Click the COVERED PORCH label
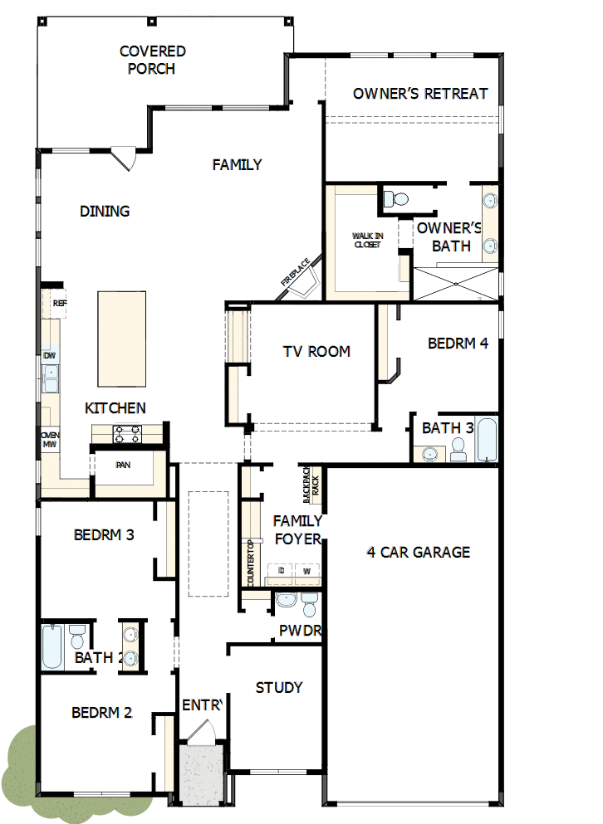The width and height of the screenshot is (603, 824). (x=152, y=60)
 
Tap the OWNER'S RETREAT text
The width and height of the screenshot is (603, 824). (x=420, y=93)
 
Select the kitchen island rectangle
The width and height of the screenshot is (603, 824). (x=121, y=339)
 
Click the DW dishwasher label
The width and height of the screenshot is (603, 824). (x=50, y=356)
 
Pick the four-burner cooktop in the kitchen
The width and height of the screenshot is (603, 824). (x=127, y=433)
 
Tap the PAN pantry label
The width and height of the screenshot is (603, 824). (x=123, y=465)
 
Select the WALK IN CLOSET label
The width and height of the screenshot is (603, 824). (x=367, y=241)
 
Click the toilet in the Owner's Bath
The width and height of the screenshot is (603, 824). (x=397, y=198)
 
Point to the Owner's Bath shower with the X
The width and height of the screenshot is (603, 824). (x=456, y=283)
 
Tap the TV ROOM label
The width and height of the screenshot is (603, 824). (x=316, y=351)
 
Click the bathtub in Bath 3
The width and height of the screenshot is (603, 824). (x=486, y=440)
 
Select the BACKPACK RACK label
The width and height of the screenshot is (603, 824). (x=310, y=484)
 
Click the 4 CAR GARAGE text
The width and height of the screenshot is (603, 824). (x=419, y=552)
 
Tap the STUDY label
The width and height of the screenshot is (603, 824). (x=279, y=687)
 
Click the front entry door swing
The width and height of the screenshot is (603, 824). (x=199, y=732)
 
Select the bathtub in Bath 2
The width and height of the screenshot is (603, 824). (x=51, y=646)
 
